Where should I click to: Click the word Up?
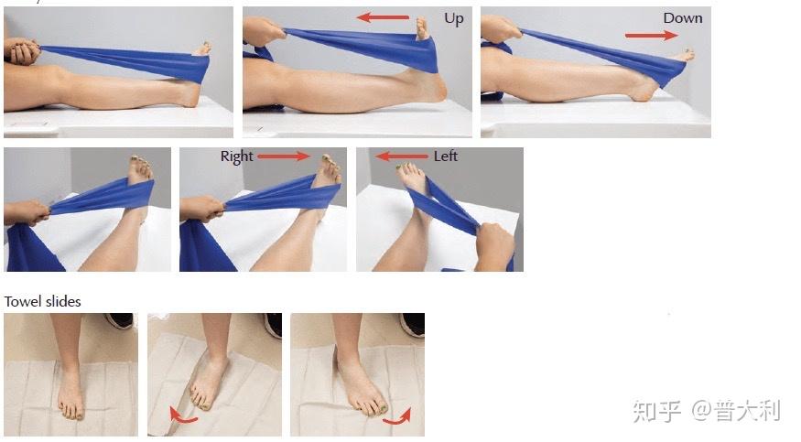coord(454,19)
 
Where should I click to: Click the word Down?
coord(683,18)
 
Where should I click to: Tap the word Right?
coord(236,156)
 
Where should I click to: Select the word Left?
coord(446,156)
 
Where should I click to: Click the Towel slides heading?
coord(42,302)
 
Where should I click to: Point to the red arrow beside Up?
coord(383,17)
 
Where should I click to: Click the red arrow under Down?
coord(651,35)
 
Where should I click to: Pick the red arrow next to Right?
coord(284,156)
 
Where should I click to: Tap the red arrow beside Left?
coord(402,156)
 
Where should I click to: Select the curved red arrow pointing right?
coord(397,417)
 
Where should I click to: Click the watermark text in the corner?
coord(707,411)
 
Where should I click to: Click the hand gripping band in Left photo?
coord(493,245)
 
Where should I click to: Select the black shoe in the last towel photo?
coord(412,325)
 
